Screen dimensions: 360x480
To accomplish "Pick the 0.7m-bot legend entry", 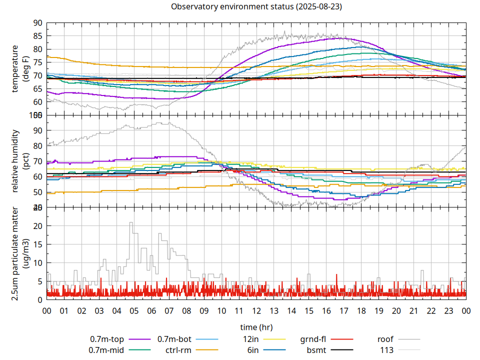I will [174, 339].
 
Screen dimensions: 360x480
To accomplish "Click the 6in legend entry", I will [253, 350].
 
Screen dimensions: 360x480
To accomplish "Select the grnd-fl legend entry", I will [313, 339].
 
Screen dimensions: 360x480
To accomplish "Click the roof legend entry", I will [385, 339].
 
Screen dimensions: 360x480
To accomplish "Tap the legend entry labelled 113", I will [387, 350].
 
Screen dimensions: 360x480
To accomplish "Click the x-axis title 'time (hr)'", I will [256, 327].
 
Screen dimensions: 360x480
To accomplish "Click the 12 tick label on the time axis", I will [256, 310].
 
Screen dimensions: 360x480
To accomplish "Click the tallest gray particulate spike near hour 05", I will [131, 223].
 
